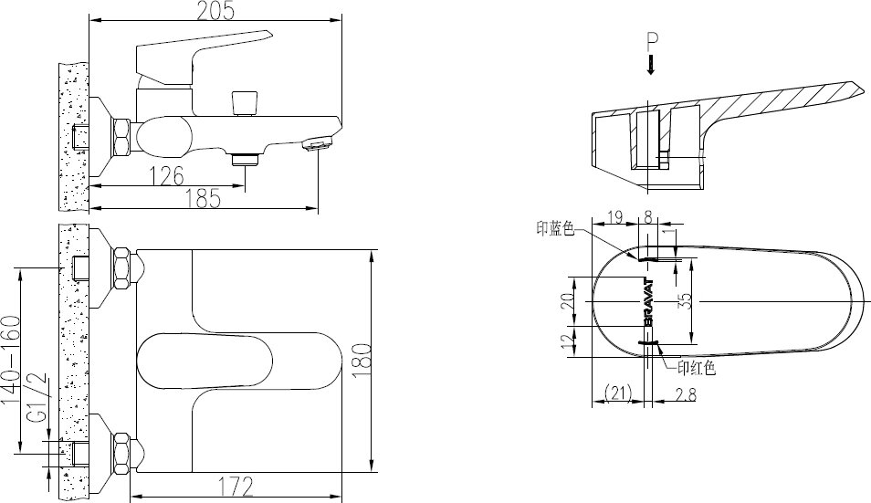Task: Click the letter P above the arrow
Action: (x=650, y=41)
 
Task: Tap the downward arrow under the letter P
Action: (x=650, y=65)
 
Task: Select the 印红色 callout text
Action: (x=696, y=369)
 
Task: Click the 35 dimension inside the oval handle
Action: (x=685, y=300)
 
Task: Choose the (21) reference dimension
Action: (x=618, y=393)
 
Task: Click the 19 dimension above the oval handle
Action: (x=614, y=217)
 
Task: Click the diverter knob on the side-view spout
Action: (x=243, y=101)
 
